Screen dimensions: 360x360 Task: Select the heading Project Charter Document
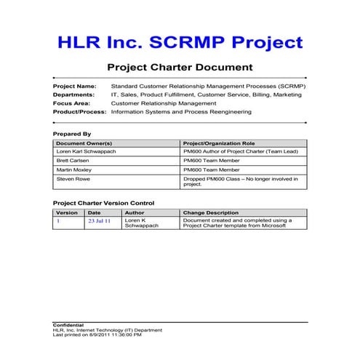(180, 68)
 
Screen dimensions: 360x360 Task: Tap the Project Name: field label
(74, 86)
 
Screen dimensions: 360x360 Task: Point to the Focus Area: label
(71, 103)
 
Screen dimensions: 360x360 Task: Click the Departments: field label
(73, 95)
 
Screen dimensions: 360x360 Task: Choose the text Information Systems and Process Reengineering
(181, 112)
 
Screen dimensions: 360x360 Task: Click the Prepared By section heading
(72, 134)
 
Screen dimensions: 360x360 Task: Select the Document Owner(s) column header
(80, 143)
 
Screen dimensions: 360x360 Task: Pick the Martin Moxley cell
(73, 169)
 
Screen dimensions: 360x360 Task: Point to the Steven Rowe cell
(71, 179)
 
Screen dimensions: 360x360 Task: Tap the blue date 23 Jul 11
(99, 220)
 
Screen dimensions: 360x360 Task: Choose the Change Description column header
(211, 212)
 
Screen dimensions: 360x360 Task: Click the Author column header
(135, 212)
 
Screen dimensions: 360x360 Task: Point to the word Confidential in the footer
(68, 324)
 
